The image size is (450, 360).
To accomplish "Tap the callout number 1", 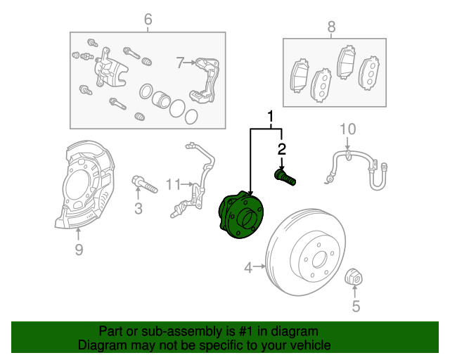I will [x=269, y=114].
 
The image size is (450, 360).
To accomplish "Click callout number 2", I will [x=282, y=148].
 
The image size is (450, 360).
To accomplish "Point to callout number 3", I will [x=139, y=208].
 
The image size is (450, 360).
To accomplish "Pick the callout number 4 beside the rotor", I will [x=248, y=267].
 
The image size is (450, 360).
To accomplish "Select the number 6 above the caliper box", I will [x=148, y=20].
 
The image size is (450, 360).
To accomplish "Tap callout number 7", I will [x=180, y=63].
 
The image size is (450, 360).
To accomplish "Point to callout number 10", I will [x=348, y=129].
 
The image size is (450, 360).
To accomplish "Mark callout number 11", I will [x=173, y=185].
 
